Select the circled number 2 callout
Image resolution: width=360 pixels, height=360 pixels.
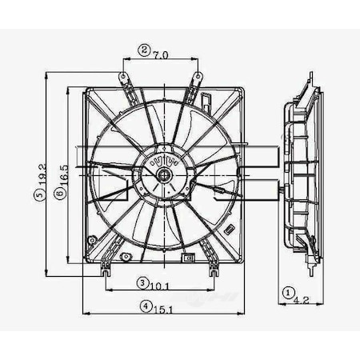click(144, 50)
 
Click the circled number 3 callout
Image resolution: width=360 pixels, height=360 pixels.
click(142, 283)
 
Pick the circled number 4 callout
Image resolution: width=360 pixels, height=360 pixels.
click(144, 305)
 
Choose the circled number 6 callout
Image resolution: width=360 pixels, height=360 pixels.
click(61, 194)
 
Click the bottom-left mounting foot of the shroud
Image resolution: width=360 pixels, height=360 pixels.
click(105, 271)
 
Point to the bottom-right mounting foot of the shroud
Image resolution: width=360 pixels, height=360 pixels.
click(213, 271)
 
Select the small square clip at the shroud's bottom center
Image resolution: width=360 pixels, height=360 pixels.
click(186, 258)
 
